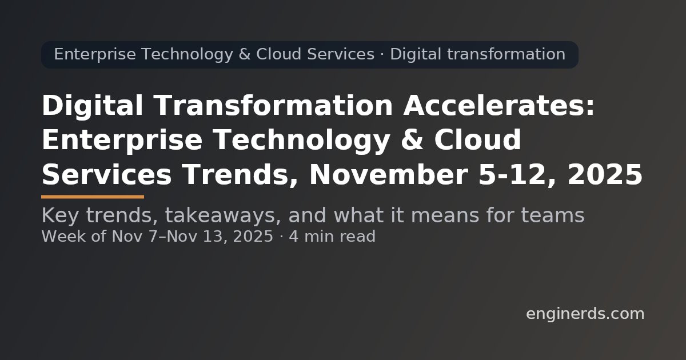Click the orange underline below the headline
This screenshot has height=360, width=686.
[x=93, y=197]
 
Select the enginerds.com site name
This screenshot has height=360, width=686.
[x=585, y=314]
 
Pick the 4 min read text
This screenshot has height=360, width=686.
[x=332, y=237]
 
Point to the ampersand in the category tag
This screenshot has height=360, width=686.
[x=245, y=55]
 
